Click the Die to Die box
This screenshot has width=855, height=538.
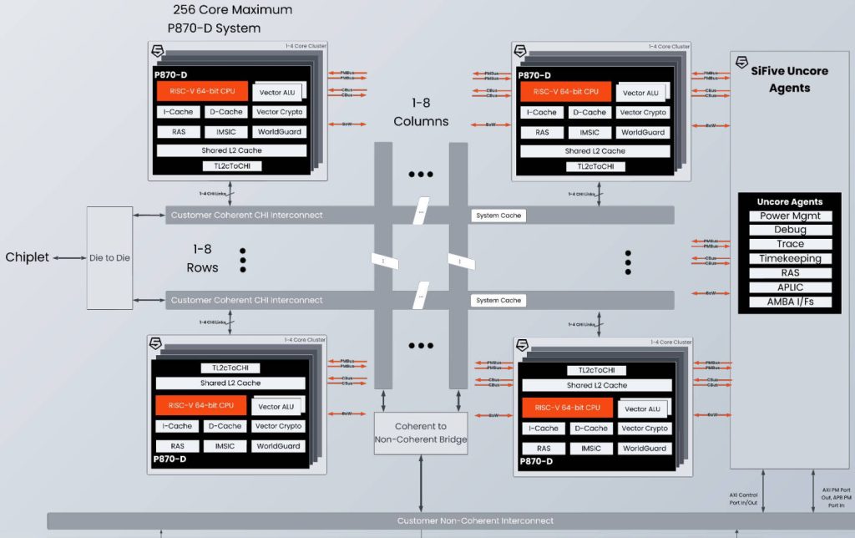109,258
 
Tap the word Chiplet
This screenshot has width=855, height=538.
28,257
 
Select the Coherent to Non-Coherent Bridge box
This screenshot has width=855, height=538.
420,433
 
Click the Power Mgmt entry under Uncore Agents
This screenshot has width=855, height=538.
790,216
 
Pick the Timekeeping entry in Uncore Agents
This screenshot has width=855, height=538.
790,258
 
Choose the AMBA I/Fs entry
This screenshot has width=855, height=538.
790,302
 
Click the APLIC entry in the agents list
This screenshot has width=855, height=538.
790,287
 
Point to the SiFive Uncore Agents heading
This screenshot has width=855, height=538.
790,79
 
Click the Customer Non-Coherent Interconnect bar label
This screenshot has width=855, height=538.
475,520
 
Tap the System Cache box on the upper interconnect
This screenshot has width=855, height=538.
498,216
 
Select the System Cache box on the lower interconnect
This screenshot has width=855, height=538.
498,300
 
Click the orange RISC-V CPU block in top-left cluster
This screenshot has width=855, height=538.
202,91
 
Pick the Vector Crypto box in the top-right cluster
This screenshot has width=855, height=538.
643,112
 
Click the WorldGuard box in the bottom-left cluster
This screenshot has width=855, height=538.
279,446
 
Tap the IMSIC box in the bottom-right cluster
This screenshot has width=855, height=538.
590,449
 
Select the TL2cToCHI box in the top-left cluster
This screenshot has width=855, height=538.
231,166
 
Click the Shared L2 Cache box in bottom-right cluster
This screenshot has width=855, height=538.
596,385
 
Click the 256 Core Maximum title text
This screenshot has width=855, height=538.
232,10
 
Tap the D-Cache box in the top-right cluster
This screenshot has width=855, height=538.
590,112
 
